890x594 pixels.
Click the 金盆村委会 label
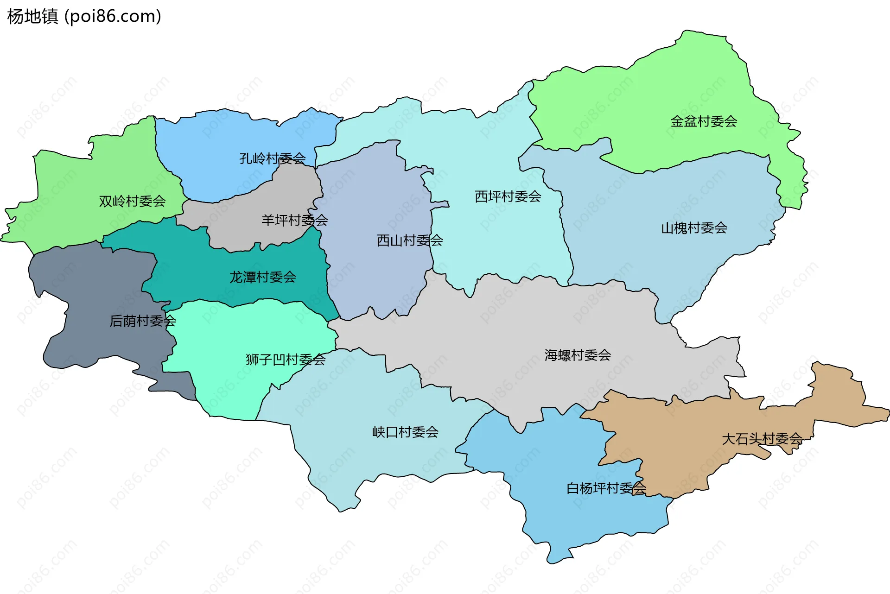(704, 121)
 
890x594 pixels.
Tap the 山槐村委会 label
(694, 228)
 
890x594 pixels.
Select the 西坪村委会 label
(508, 196)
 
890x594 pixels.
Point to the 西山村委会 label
(409, 240)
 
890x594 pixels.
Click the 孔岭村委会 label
(272, 158)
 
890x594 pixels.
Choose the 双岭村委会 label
(132, 201)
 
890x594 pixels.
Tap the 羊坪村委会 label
(294, 220)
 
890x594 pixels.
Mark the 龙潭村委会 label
(262, 277)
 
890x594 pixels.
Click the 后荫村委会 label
(142, 321)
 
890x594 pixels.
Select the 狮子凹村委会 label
(286, 360)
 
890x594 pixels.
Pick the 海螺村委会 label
(578, 355)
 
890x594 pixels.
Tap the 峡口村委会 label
(405, 432)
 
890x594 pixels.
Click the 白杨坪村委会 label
(606, 488)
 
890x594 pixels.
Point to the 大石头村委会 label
(762, 439)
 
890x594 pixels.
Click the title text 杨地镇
(32, 16)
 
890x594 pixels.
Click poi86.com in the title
(113, 16)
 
